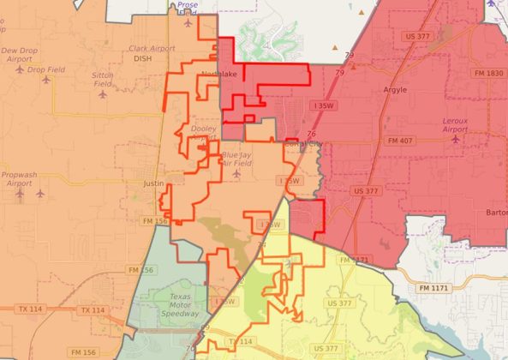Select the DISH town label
coord(141,59)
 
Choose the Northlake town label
coord(218,75)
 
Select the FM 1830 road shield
coord(488,74)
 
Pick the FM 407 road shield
coord(399,140)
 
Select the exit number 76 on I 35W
coord(310,135)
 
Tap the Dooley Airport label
coord(204,133)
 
